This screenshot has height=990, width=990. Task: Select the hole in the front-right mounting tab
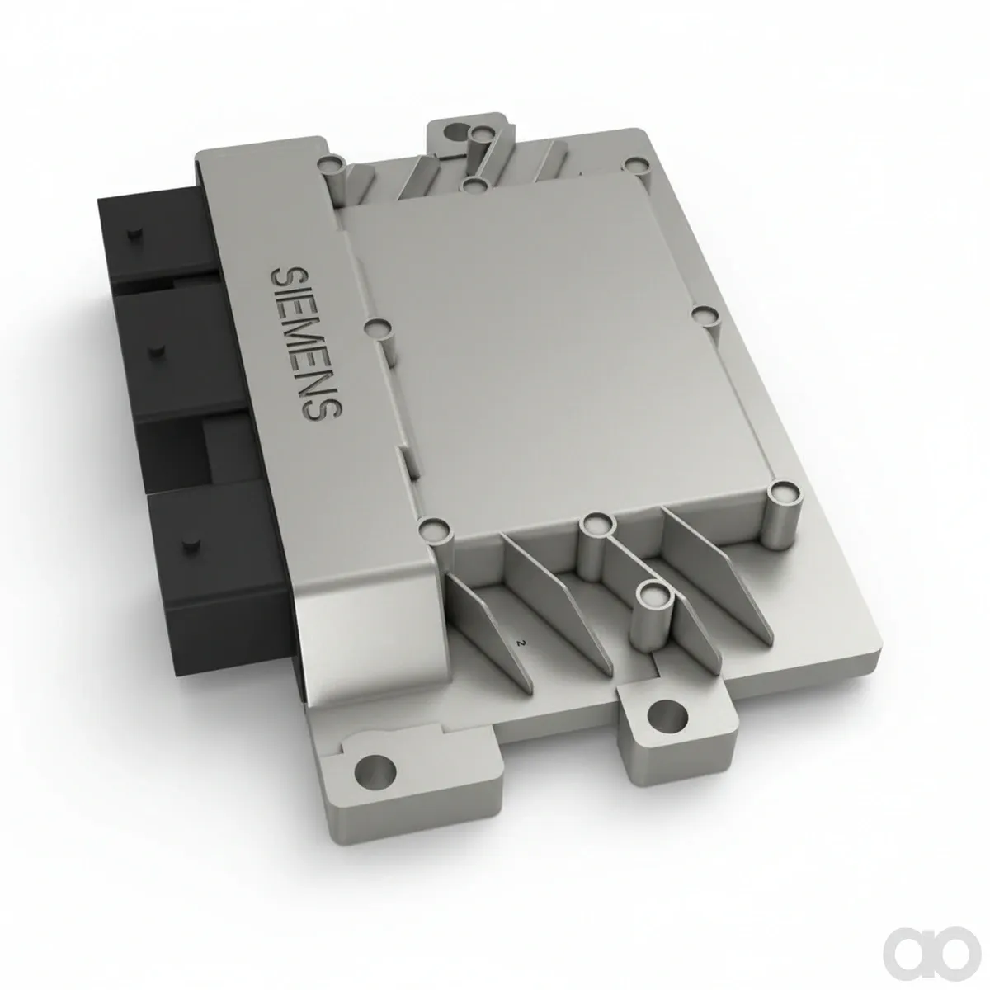point(667,714)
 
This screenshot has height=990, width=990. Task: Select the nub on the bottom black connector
point(190,545)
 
